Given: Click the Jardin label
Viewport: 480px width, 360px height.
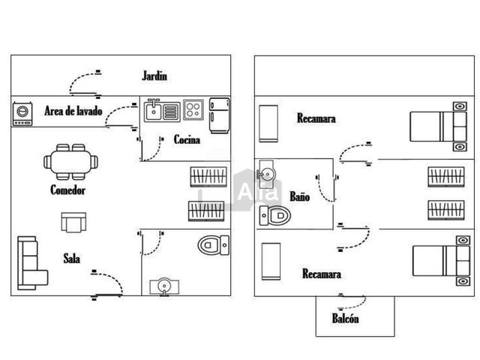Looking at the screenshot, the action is pyautogui.click(x=154, y=76).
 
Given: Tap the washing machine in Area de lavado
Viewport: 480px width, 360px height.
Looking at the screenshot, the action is pyautogui.click(x=22, y=114).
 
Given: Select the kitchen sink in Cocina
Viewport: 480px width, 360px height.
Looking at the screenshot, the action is pyautogui.click(x=162, y=110).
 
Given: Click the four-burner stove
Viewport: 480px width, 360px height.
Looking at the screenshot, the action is pyautogui.click(x=193, y=109).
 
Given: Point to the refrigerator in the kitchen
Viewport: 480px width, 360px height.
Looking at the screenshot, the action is pyautogui.click(x=219, y=115).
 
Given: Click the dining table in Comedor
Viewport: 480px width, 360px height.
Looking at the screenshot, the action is pyautogui.click(x=70, y=162).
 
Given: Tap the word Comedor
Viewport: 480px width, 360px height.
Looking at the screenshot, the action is pyautogui.click(x=68, y=190).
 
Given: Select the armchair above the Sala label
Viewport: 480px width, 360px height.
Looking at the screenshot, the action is pyautogui.click(x=73, y=223).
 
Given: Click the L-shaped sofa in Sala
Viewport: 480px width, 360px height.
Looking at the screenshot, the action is pyautogui.click(x=32, y=263).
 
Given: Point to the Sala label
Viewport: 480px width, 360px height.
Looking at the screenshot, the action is pyautogui.click(x=72, y=259).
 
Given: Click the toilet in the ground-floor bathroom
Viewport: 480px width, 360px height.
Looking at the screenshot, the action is pyautogui.click(x=213, y=245).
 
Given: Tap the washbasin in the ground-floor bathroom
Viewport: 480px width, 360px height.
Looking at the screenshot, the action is pyautogui.click(x=164, y=286).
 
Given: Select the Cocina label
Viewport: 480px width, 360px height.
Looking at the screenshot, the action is pyautogui.click(x=187, y=139).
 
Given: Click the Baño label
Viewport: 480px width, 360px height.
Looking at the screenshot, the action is pyautogui.click(x=300, y=196).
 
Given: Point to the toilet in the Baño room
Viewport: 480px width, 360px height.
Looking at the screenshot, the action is pyautogui.click(x=275, y=215).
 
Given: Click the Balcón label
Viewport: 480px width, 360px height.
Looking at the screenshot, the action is pyautogui.click(x=345, y=318).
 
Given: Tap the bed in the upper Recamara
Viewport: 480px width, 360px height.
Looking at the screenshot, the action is pyautogui.click(x=438, y=127).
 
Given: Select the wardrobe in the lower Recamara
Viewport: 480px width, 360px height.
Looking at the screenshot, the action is pyautogui.click(x=271, y=262).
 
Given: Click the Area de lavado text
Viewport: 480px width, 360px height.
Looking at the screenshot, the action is pyautogui.click(x=73, y=111).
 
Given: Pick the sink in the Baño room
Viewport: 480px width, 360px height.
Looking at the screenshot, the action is pyautogui.click(x=265, y=174).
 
